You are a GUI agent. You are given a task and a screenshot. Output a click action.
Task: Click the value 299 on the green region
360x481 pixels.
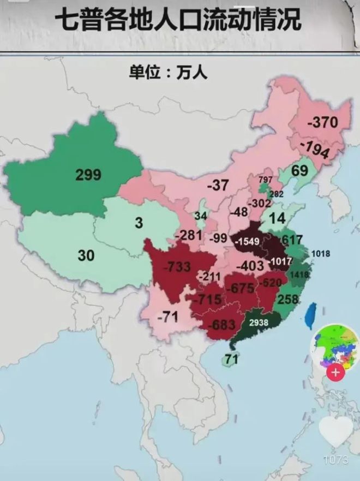tap(88, 175)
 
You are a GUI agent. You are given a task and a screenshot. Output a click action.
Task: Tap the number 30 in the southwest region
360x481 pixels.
tap(86, 255)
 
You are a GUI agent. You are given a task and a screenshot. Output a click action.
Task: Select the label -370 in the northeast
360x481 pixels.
tap(322, 122)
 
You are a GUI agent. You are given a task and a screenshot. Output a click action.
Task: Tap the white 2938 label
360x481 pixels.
tap(259, 323)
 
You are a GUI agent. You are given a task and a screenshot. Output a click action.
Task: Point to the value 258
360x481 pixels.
tap(289, 299)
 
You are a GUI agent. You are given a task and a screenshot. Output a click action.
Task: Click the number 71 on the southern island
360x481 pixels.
tap(232, 359)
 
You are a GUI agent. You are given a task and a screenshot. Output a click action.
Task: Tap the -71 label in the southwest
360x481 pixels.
tap(167, 316)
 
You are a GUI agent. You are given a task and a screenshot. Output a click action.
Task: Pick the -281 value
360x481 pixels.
tap(189, 235)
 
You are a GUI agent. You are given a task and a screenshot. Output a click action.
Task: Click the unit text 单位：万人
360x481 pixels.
tap(168, 72)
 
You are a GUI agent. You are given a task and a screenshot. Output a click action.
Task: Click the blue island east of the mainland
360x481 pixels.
tap(310, 317)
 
